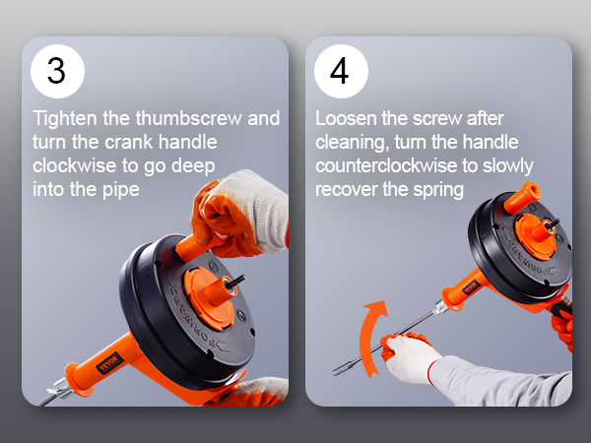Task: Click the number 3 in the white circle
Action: pyautogui.click(x=56, y=71)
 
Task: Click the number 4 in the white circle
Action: pyautogui.click(x=339, y=71)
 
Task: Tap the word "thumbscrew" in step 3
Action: pyautogui.click(x=189, y=118)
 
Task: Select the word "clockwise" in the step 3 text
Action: pyautogui.click(x=74, y=165)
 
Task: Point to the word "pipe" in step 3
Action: pyautogui.click(x=120, y=190)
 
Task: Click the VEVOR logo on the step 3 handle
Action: pyautogui.click(x=109, y=362)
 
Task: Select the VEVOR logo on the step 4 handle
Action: pyautogui.click(x=471, y=287)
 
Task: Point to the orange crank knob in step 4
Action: pyautogui.click(x=522, y=199)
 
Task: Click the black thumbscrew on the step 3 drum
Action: pyautogui.click(x=236, y=283)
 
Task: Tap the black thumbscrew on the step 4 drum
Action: pyautogui.click(x=552, y=224)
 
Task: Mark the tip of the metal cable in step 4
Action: pyautogui.click(x=334, y=373)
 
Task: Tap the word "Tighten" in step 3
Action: pyautogui.click(x=65, y=119)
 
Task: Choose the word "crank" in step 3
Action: pyautogui.click(x=128, y=143)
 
